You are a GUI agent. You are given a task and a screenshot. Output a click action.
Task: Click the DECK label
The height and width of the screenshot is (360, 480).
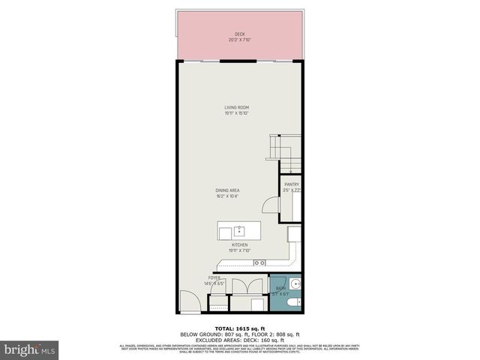tap(239, 34)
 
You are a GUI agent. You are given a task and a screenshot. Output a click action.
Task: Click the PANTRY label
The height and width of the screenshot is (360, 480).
tap(291, 184)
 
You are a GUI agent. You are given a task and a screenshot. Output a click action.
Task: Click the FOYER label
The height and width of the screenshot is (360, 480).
tap(214, 278)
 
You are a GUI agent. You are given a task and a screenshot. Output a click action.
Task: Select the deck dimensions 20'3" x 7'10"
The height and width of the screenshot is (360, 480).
tap(239, 40)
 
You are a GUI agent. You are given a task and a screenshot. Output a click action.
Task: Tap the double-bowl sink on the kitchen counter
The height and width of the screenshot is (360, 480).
tap(259, 262)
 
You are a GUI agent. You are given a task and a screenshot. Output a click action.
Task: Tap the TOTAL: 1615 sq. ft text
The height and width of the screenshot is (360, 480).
tap(239, 328)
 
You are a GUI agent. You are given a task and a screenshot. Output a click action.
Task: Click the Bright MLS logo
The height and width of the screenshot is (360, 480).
tap(30, 349)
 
